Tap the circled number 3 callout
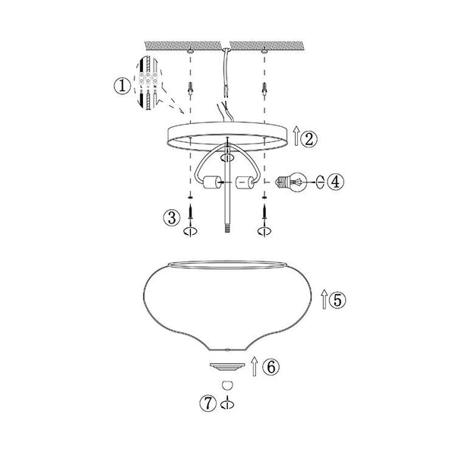173,217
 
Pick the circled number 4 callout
337,182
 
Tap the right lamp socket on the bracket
245,183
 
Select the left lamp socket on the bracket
210,183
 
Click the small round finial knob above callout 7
226,385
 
